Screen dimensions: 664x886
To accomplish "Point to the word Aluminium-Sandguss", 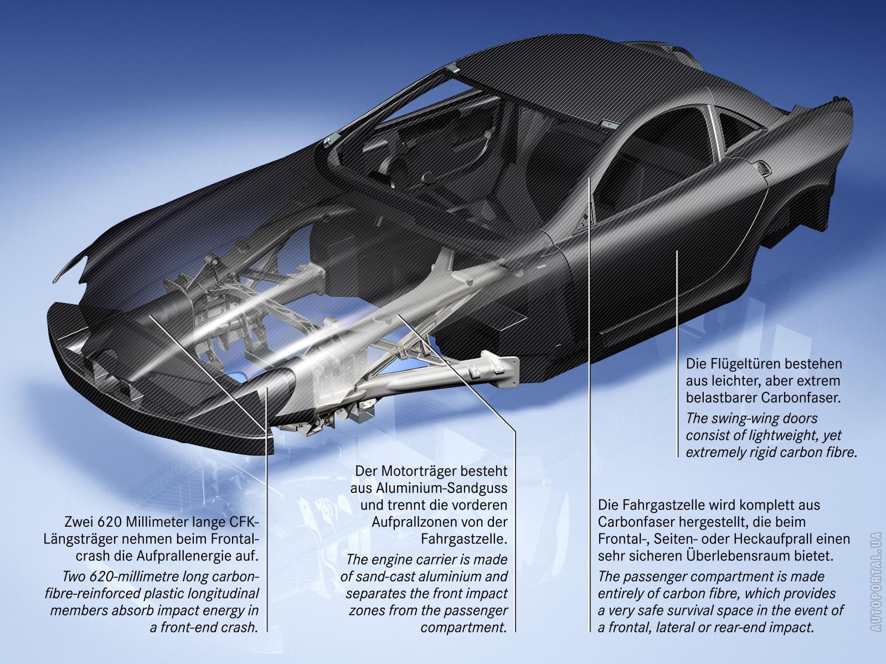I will coord(429,489).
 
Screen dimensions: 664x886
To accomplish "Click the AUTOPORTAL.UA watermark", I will coord(875,580).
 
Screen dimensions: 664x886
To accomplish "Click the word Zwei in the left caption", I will coord(78,522).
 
